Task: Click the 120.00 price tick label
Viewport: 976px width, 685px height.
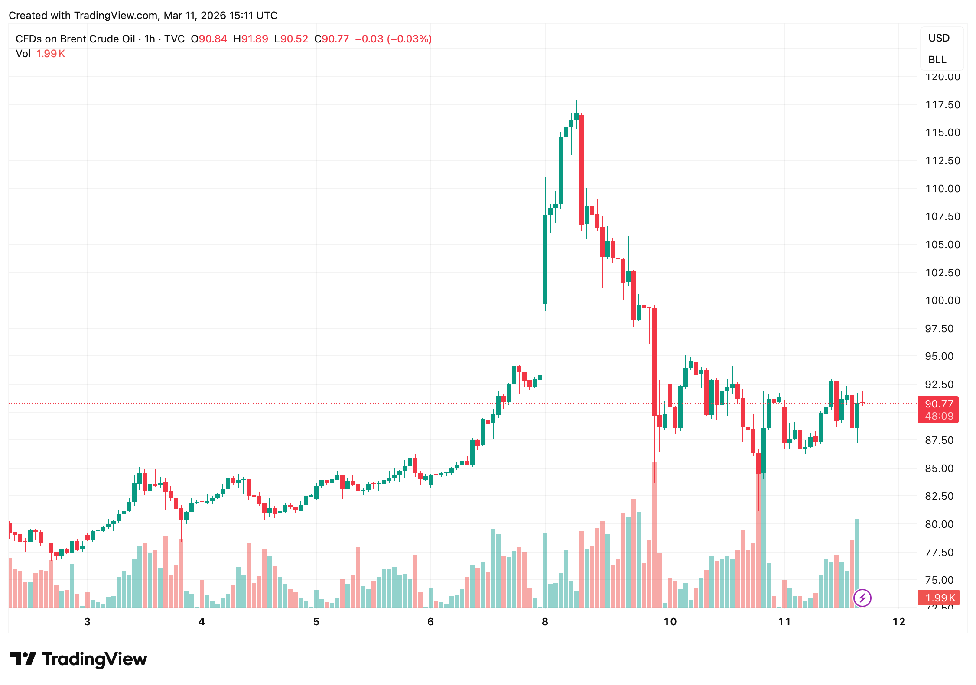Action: click(x=943, y=77)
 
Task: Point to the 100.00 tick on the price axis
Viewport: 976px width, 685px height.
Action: click(x=943, y=300)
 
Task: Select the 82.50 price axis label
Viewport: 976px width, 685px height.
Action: click(x=939, y=496)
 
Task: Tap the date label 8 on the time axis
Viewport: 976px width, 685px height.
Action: click(x=545, y=622)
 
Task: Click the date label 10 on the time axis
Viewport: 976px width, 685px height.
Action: click(x=670, y=622)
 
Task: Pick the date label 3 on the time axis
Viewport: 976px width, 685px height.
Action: click(x=88, y=622)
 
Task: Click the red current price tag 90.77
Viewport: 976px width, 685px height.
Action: click(x=939, y=404)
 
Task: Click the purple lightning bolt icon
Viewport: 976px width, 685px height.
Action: click(x=862, y=598)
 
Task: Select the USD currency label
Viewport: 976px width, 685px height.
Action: click(x=939, y=38)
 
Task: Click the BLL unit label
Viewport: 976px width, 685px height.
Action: click(x=937, y=60)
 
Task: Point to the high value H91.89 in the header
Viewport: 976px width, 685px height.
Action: click(x=251, y=39)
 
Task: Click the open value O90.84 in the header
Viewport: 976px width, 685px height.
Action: click(x=209, y=39)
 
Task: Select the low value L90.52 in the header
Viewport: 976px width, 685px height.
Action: click(x=291, y=39)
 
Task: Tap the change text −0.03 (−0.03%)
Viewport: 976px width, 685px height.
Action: click(x=393, y=39)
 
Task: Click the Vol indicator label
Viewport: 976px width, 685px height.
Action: click(x=23, y=54)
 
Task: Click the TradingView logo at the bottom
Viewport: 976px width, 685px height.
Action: click(x=79, y=659)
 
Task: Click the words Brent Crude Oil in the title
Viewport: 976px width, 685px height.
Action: click(x=98, y=39)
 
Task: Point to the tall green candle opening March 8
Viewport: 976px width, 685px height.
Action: click(x=545, y=259)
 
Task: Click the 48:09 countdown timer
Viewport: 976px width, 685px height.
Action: click(x=939, y=416)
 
